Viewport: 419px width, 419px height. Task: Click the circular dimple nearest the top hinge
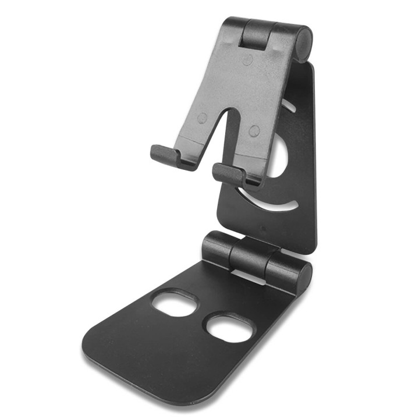247,61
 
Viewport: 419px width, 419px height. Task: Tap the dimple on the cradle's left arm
202,118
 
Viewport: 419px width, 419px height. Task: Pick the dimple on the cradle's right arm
254,131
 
